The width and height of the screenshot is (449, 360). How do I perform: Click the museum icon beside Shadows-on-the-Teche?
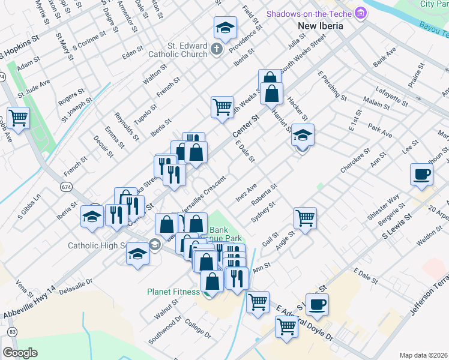[x=360, y=13]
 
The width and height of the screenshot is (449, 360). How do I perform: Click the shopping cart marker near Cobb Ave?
[x=18, y=117]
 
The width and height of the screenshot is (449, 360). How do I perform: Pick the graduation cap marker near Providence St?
[x=225, y=27]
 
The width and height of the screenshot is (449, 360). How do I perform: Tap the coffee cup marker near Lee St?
[x=421, y=174]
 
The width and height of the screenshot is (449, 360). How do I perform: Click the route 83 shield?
[x=12, y=331]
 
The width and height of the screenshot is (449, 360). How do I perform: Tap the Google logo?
[x=20, y=352]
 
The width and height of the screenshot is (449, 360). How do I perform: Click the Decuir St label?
[x=103, y=146]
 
